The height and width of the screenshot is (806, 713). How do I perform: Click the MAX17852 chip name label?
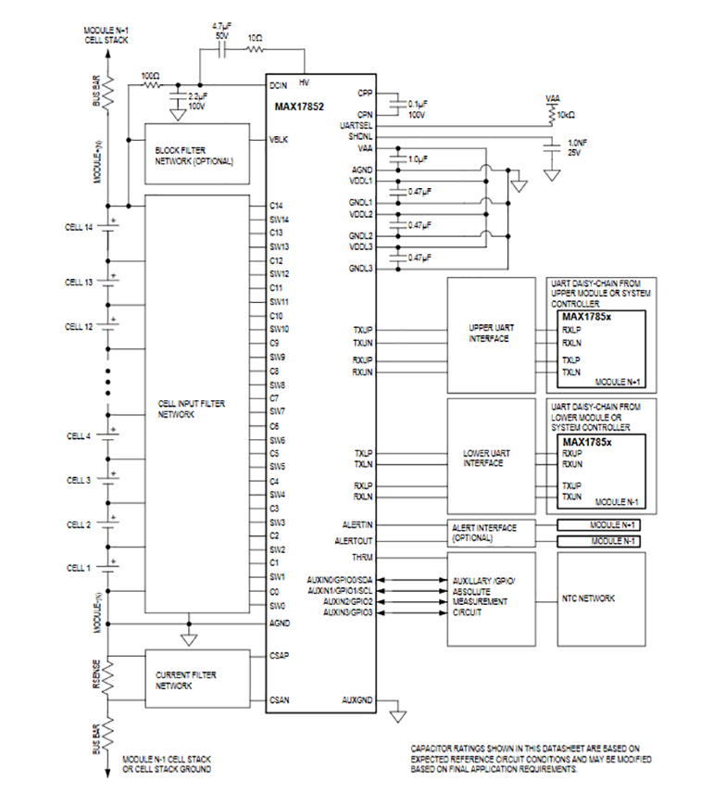(x=299, y=106)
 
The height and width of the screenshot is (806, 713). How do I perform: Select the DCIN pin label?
(x=280, y=85)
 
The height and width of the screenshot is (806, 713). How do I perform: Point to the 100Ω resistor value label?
(x=150, y=75)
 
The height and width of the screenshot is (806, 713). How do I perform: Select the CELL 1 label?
(x=80, y=566)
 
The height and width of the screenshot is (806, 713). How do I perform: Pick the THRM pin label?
(x=362, y=557)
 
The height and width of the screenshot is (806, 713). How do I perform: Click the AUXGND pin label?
(x=356, y=699)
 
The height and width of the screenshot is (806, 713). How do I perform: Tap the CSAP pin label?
(x=281, y=655)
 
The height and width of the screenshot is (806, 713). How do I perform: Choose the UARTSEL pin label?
(x=356, y=124)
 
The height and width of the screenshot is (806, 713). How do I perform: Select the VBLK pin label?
(x=279, y=140)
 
